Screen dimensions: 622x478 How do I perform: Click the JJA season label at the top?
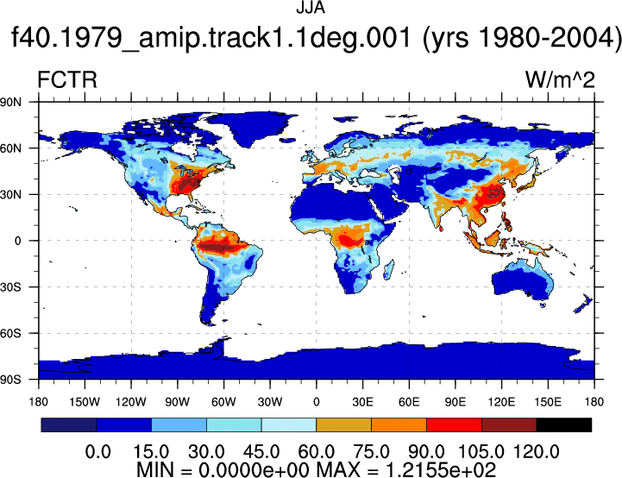point(311,8)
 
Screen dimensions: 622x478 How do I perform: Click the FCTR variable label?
point(67,79)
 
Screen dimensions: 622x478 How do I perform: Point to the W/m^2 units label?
point(560,79)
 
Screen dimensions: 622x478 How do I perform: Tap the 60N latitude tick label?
point(10,148)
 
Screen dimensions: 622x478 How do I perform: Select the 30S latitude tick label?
point(10,286)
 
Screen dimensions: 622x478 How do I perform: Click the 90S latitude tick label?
point(10,380)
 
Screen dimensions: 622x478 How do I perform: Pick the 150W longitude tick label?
point(85,402)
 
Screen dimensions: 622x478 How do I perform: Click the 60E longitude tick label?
point(409,402)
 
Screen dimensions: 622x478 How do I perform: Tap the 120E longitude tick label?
point(501,402)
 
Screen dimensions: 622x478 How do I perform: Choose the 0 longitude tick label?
point(316,402)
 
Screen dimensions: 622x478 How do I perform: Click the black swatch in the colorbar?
point(563,425)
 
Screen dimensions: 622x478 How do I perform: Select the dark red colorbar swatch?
point(509,425)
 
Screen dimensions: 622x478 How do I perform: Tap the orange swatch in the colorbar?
point(399,425)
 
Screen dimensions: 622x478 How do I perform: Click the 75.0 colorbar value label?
point(371,452)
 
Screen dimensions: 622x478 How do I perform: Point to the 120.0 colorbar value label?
point(537,452)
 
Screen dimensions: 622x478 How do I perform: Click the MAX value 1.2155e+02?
point(440,469)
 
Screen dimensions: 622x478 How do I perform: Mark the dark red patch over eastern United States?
point(187,185)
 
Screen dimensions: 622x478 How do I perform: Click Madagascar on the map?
point(389,270)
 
